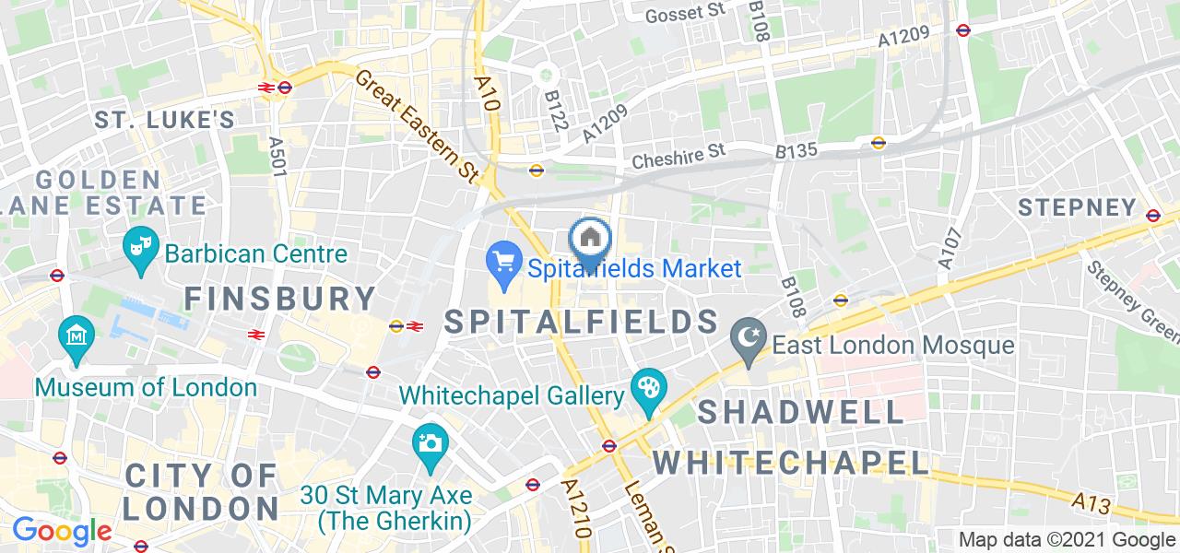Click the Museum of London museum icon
(x=74, y=336)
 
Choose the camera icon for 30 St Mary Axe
(x=430, y=444)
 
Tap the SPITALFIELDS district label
(x=582, y=322)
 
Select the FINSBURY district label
(x=280, y=298)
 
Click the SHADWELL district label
(x=801, y=411)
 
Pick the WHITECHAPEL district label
(x=792, y=461)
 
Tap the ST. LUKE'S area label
(x=165, y=120)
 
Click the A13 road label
(x=1091, y=500)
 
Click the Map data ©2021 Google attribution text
(x=1067, y=540)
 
